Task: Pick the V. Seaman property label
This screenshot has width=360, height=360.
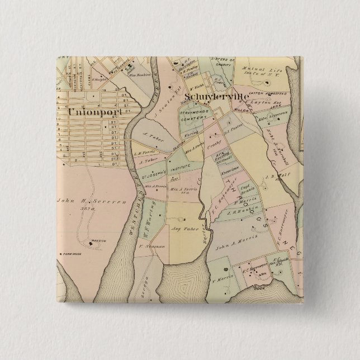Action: [144, 246]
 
